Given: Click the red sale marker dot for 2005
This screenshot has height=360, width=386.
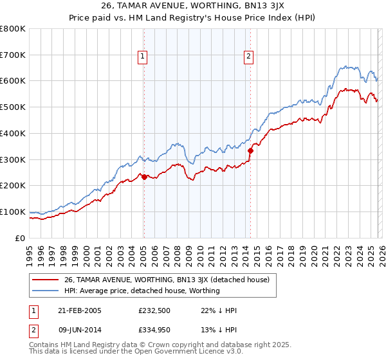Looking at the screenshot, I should [x=144, y=177].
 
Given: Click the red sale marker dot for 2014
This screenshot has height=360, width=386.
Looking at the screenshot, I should [x=250, y=150].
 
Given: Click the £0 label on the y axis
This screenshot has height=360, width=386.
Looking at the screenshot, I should [x=20, y=238].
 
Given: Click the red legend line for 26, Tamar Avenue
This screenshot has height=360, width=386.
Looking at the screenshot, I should [x=45, y=280].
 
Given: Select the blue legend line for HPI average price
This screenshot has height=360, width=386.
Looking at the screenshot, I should [x=45, y=291].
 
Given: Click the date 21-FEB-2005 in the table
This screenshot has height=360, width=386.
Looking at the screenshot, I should [x=79, y=310].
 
